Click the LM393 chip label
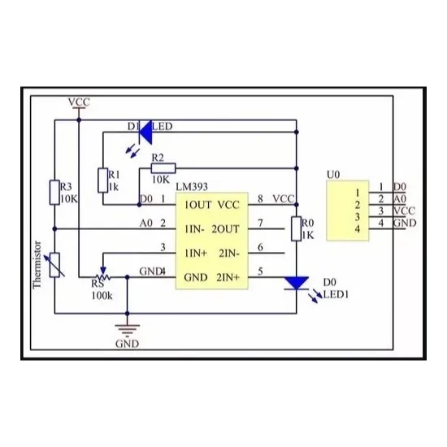point(192,187)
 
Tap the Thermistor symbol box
point(54,265)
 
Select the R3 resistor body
point(54,193)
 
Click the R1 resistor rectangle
point(103,180)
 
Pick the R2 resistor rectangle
point(163,168)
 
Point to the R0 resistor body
point(297,228)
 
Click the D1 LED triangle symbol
point(145,132)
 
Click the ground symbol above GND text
point(127,331)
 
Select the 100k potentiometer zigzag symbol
point(103,277)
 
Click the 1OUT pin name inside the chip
point(197,205)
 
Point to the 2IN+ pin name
point(228,277)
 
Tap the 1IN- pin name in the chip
point(195,229)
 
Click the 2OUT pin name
point(225,229)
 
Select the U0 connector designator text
point(333,175)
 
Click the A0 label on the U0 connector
point(400,199)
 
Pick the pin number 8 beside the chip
point(260,198)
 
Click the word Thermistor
point(37,265)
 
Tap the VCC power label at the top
point(79,102)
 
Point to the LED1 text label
point(336,294)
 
